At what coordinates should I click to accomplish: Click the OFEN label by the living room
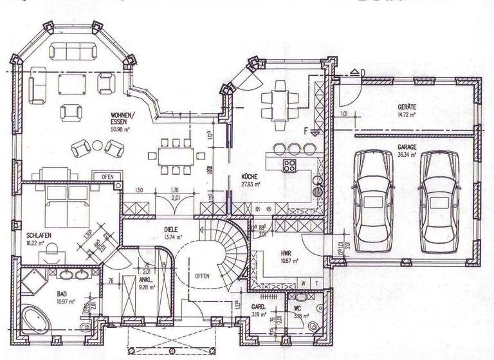[x=107, y=176]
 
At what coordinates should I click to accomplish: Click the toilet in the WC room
[x=313, y=328]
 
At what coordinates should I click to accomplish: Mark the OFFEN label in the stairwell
[x=202, y=276]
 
